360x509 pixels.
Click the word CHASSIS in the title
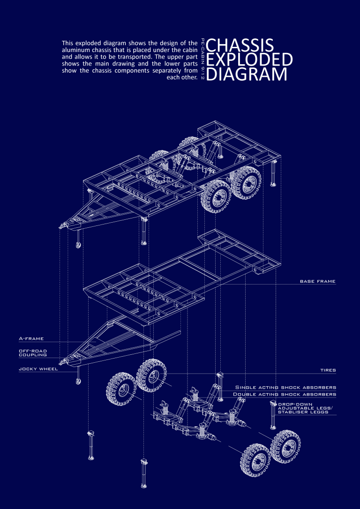(x=240, y=45)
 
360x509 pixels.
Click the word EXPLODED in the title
(x=250, y=60)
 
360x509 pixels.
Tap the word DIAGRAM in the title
(x=247, y=74)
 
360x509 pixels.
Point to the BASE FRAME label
(x=318, y=281)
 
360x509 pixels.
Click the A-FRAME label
(x=31, y=338)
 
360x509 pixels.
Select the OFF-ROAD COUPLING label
(x=33, y=353)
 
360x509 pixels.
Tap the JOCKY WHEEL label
(x=38, y=369)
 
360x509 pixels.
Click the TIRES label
(x=328, y=370)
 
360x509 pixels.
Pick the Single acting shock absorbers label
(x=285, y=387)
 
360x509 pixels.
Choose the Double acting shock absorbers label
(x=285, y=394)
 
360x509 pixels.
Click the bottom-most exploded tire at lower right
(x=255, y=460)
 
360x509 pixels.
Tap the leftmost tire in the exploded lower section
(x=121, y=389)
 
